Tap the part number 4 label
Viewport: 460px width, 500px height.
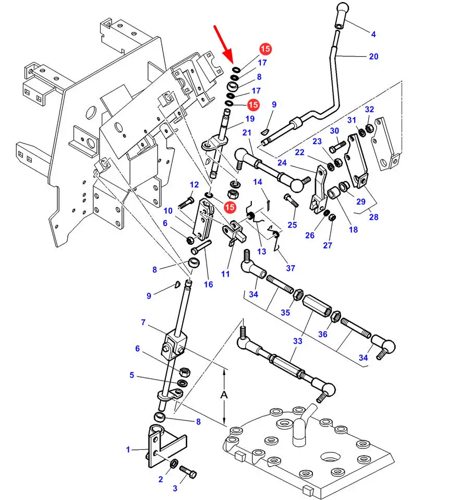click(373, 35)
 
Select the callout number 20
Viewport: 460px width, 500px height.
click(373, 56)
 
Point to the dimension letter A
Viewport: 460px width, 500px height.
click(224, 395)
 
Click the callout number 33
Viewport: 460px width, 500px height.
click(297, 341)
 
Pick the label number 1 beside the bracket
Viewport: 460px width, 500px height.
click(128, 449)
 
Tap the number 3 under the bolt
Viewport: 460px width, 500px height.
click(175, 489)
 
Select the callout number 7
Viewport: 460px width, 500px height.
click(143, 323)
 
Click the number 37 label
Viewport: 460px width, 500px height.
click(290, 268)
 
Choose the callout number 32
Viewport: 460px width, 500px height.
click(369, 110)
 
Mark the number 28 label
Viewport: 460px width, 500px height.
click(373, 217)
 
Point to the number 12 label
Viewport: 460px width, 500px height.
click(194, 185)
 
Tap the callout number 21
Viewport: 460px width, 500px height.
click(247, 133)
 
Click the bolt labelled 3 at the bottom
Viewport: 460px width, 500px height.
click(188, 473)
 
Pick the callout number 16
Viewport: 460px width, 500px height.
click(208, 284)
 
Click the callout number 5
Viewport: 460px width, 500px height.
click(132, 375)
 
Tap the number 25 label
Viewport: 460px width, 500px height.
click(292, 225)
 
